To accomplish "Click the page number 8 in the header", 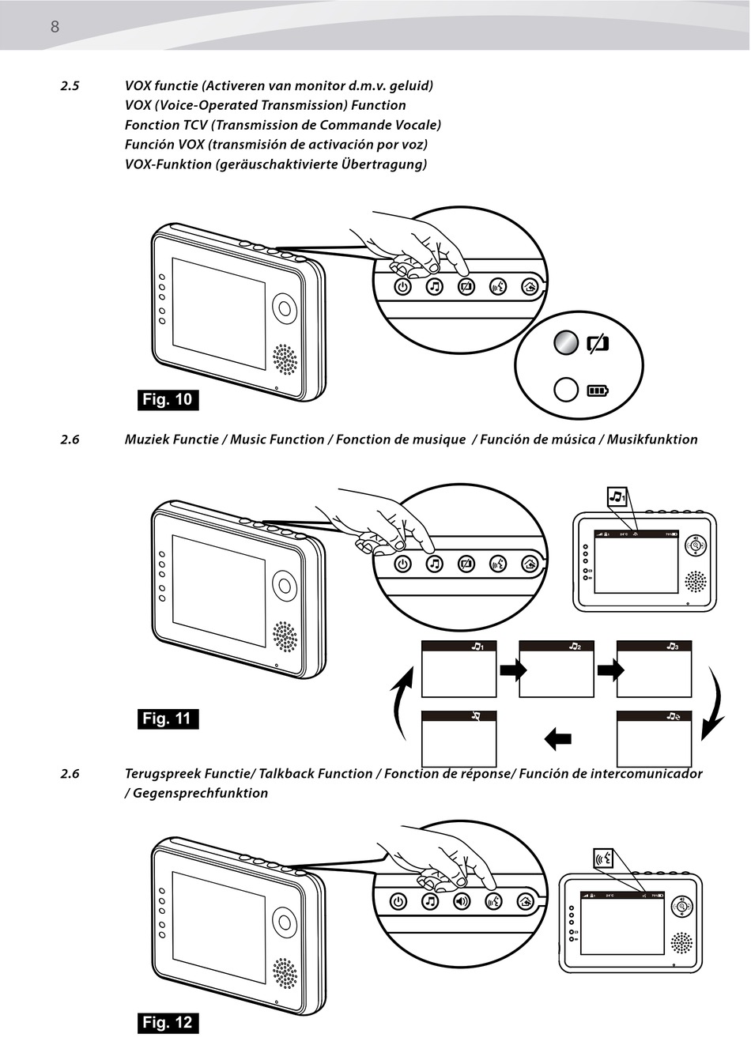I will click(x=55, y=27).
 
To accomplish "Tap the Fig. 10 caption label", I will click(x=168, y=399).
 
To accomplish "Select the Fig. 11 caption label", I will click(x=168, y=719).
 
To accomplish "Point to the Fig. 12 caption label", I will click(x=168, y=1022).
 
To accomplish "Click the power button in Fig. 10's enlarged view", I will click(x=403, y=286).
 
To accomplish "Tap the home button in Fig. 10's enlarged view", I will click(x=530, y=286).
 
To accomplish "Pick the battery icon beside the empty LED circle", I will click(x=598, y=391).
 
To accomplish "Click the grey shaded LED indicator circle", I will click(x=566, y=342).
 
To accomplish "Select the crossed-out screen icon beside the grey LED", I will click(x=598, y=343).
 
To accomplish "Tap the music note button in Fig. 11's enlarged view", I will click(x=434, y=564).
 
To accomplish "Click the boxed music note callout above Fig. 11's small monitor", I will click(x=617, y=496).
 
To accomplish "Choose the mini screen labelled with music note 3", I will click(x=654, y=669).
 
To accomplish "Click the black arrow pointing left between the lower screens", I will click(x=557, y=739).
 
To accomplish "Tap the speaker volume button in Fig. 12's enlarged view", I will click(x=462, y=901).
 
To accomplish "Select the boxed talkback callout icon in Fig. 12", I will click(x=604, y=859).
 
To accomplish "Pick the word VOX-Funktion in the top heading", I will click(x=168, y=164).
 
